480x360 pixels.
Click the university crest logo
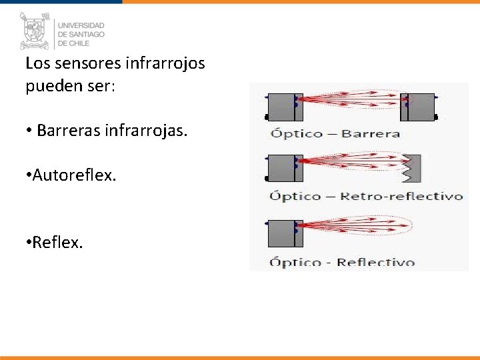tap(34, 31)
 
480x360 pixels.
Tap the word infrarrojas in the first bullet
tap(146, 131)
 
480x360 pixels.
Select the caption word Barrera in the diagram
tap(370, 133)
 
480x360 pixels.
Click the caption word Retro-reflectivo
tap(401, 196)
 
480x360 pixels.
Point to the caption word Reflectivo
tap(375, 262)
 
